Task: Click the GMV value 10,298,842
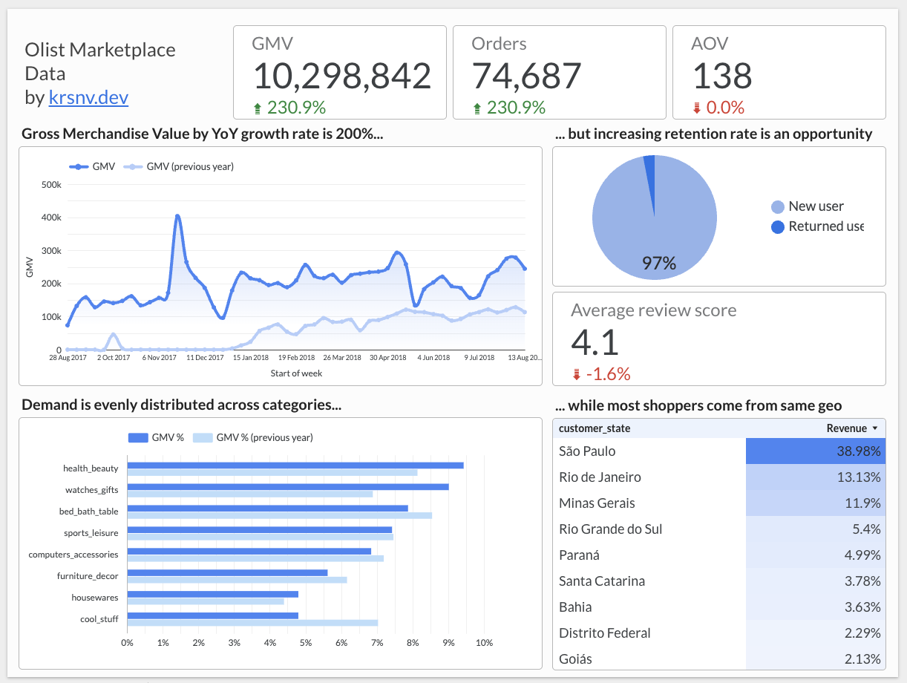[341, 76]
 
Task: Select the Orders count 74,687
[526, 76]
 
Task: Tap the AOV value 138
[721, 76]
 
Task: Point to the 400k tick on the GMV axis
[50, 218]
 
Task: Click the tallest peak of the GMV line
[178, 216]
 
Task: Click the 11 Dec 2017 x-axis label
[205, 358]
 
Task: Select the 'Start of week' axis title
[296, 373]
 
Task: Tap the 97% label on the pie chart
[658, 263]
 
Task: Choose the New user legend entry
[815, 206]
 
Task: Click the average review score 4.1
[595, 343]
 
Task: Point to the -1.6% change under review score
[607, 375]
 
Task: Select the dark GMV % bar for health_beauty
[295, 465]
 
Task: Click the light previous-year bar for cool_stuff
[252, 623]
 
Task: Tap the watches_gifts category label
[91, 490]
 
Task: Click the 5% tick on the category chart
[306, 642]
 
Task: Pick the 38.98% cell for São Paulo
[815, 451]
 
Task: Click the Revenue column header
[846, 428]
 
